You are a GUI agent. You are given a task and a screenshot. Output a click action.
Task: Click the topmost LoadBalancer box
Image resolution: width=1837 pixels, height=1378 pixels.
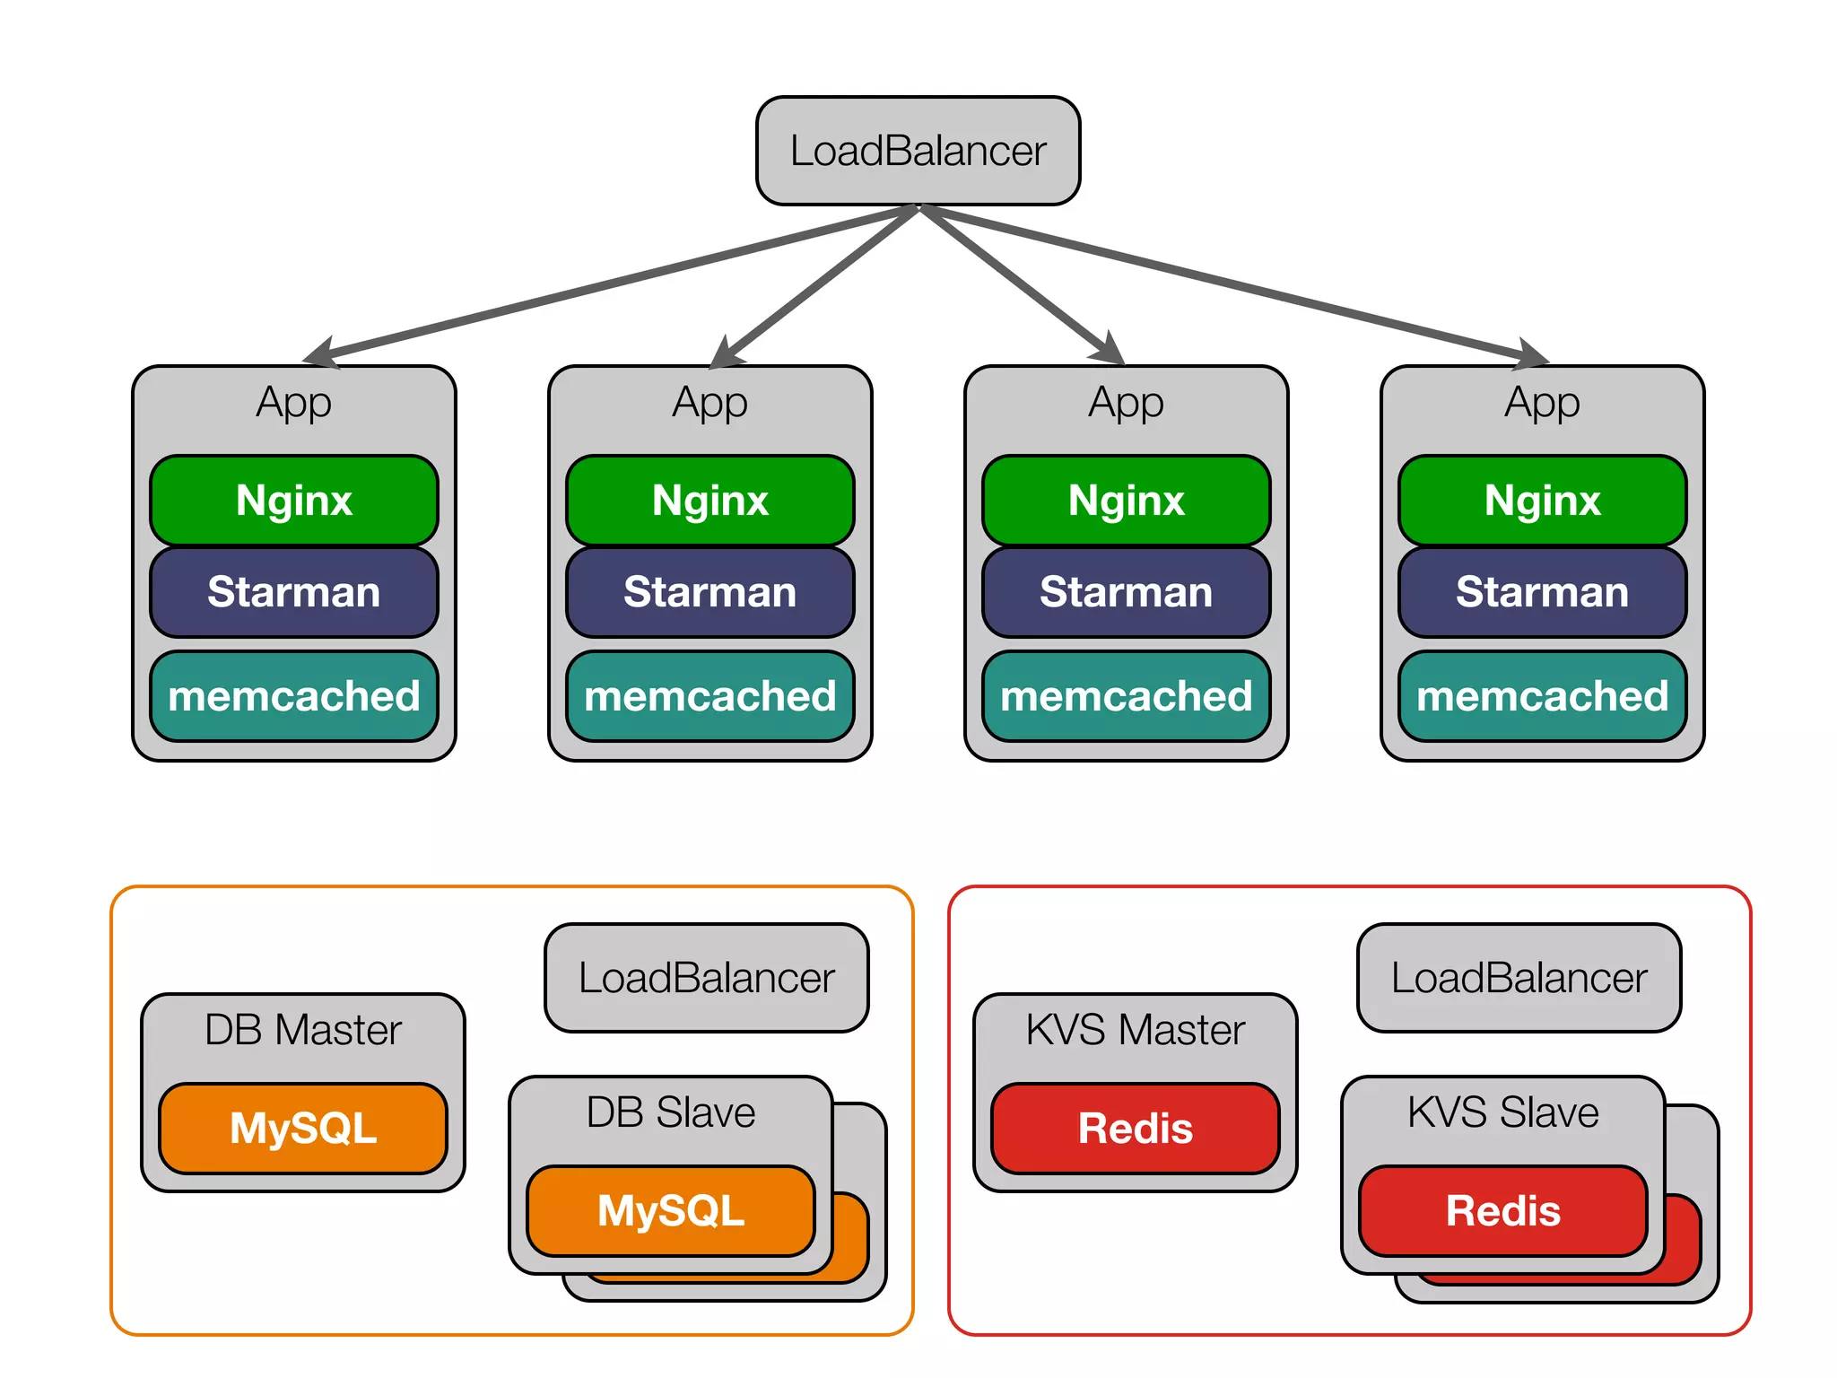pyautogui.click(x=918, y=151)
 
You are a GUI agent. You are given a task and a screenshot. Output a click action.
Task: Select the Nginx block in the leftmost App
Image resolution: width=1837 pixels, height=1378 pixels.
pyautogui.click(x=294, y=500)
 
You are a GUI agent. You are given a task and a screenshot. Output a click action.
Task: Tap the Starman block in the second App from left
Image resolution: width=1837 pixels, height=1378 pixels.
pyautogui.click(x=710, y=592)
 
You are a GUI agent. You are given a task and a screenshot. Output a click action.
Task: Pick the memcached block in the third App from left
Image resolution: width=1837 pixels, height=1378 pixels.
pyautogui.click(x=1126, y=696)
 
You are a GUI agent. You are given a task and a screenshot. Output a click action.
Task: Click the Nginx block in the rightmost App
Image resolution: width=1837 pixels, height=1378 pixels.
pyautogui.click(x=1542, y=500)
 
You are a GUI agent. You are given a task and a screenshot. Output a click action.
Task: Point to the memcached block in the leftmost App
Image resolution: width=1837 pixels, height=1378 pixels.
pyautogui.click(x=294, y=696)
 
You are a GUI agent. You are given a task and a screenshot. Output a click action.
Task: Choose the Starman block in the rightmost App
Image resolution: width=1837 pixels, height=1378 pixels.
pyautogui.click(x=1542, y=592)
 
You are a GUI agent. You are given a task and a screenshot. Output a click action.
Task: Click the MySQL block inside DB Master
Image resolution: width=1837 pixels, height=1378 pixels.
pyautogui.click(x=303, y=1128)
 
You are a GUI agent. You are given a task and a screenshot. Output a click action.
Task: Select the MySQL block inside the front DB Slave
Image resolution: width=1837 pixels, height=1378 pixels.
pyautogui.click(x=671, y=1210)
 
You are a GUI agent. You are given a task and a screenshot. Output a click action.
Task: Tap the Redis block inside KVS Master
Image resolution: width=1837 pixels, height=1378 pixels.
pyautogui.click(x=1135, y=1128)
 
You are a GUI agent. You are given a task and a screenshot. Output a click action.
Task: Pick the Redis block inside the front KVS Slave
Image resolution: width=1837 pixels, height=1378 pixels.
pyautogui.click(x=1502, y=1210)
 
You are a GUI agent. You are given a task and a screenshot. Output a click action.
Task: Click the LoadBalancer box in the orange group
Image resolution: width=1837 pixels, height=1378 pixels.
pyautogui.click(x=707, y=978)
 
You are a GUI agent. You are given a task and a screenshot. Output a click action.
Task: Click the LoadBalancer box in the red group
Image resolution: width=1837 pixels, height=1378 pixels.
pyautogui.click(x=1519, y=978)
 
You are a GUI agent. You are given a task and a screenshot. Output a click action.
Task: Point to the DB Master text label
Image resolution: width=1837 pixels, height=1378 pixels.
pyautogui.click(x=303, y=1029)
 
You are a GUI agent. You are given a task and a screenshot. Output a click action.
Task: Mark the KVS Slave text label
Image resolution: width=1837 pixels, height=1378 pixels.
pyautogui.click(x=1502, y=1112)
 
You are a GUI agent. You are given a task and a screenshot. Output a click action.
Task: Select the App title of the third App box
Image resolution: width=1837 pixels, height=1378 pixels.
pyautogui.click(x=1126, y=402)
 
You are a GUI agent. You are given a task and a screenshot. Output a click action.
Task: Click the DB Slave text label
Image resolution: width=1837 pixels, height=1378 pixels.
pyautogui.click(x=671, y=1112)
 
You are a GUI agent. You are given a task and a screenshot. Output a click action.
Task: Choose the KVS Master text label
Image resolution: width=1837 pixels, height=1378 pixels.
pyautogui.click(x=1135, y=1029)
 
